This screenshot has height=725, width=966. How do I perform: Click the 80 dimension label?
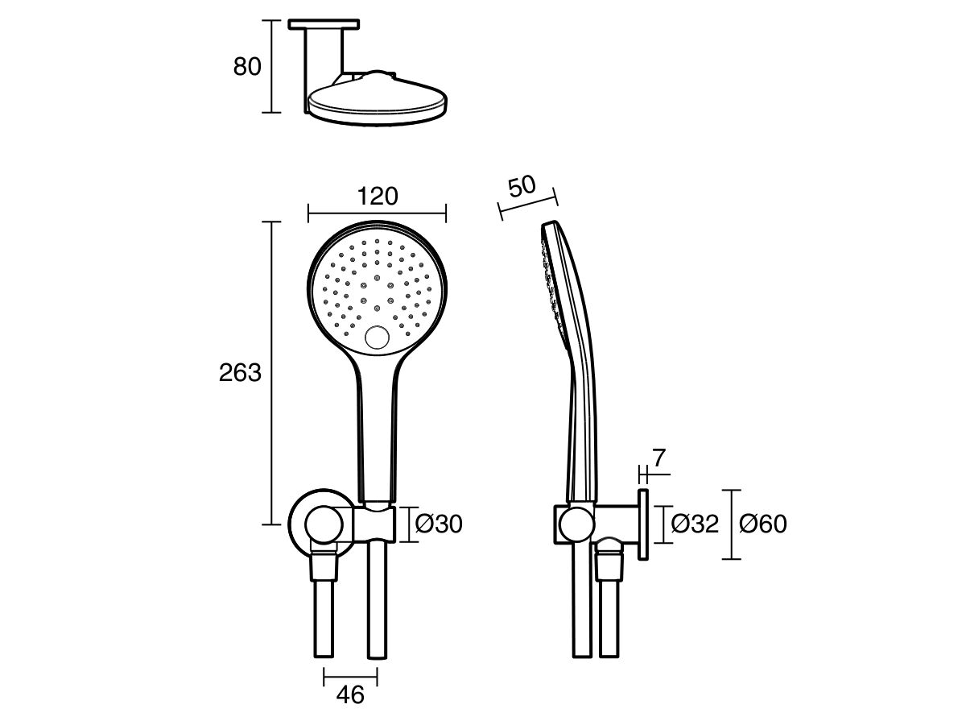point(247,67)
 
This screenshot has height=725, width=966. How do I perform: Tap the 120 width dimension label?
point(378,196)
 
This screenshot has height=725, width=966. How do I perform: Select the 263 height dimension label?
point(241,373)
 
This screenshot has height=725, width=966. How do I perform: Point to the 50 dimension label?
point(522,186)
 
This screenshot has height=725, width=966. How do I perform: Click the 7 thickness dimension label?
point(658,459)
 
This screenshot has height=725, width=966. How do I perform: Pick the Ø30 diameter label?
point(440,524)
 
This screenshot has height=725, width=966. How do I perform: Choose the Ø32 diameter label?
point(696,524)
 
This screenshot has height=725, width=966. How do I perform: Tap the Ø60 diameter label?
point(763,524)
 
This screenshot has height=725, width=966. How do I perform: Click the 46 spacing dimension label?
point(349,694)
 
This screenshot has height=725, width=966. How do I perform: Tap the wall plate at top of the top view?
point(324,25)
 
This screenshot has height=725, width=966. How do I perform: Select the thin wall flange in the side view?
point(644,524)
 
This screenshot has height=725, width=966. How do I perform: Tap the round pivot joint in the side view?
point(576,524)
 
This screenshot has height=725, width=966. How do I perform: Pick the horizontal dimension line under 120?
point(378,213)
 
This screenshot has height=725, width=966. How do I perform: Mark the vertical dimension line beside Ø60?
point(731,524)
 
